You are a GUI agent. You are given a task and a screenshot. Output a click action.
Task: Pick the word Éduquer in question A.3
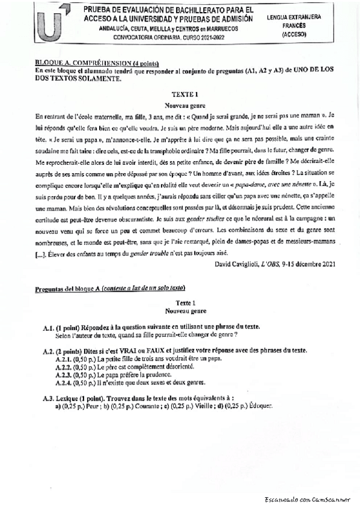[x=261, y=405]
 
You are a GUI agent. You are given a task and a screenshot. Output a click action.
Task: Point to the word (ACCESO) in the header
[x=294, y=35]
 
